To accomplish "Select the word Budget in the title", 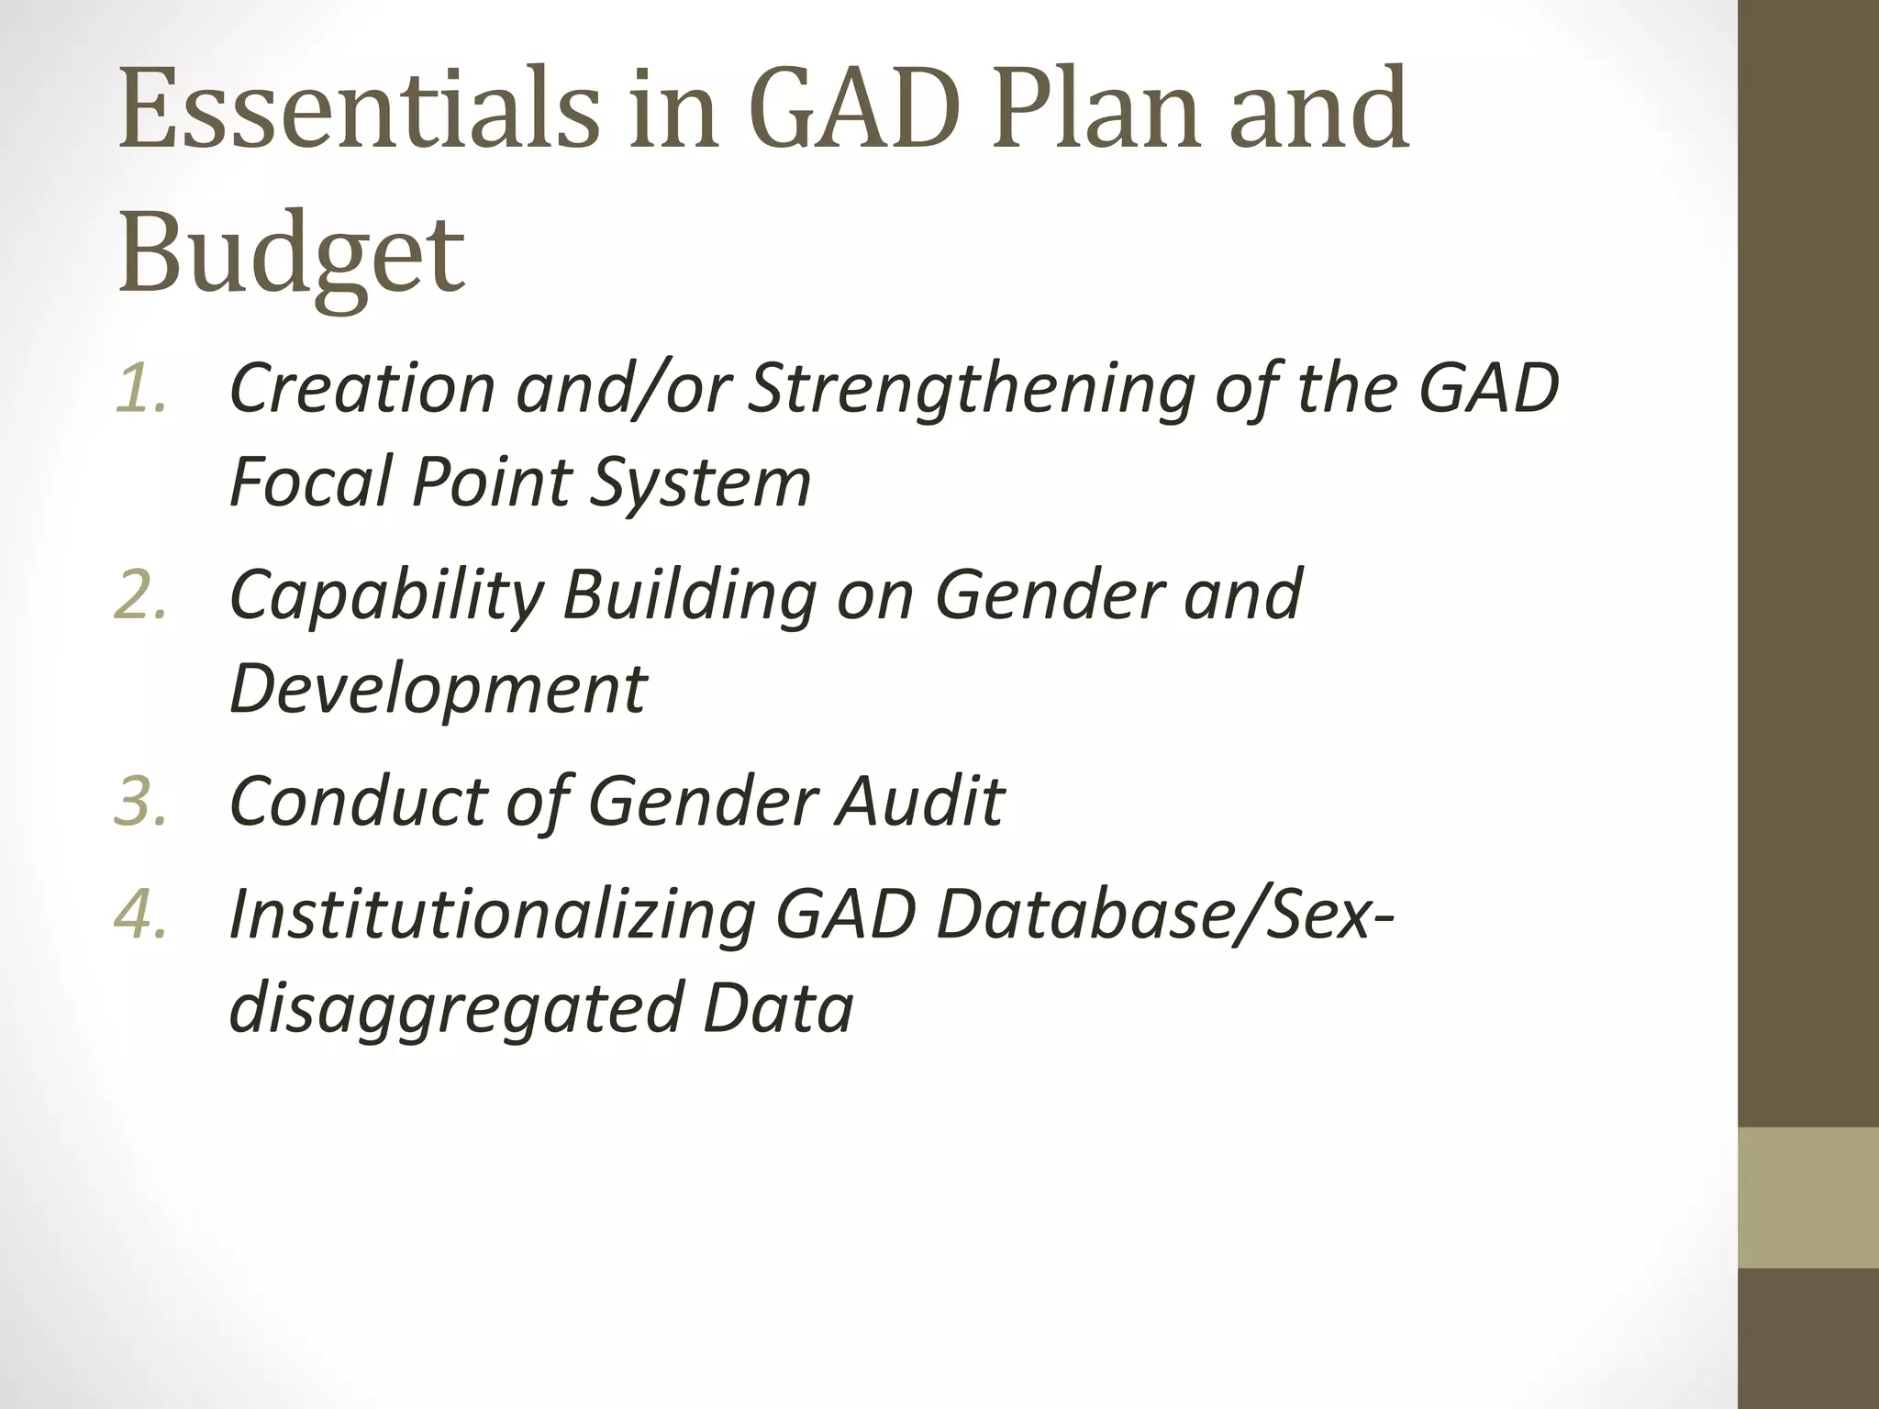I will (292, 251).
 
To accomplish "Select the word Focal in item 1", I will (312, 481).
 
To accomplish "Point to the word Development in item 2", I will (438, 688).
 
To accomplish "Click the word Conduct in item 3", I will (357, 801).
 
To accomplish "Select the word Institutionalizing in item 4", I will (492, 916).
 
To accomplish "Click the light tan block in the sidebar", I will (1808, 1198).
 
